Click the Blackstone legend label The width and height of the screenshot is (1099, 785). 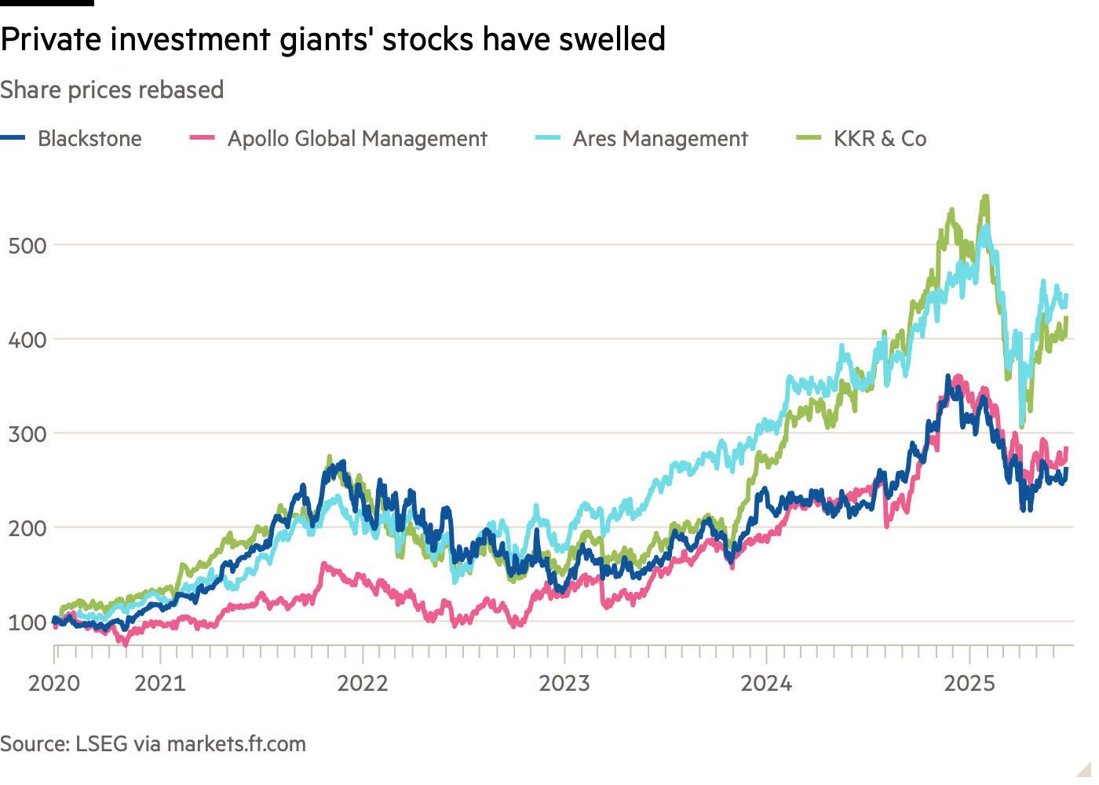point(89,139)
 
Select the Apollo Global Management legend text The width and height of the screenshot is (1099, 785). point(357,139)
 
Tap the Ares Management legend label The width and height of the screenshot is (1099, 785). point(660,139)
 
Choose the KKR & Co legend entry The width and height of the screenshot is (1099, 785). point(880,139)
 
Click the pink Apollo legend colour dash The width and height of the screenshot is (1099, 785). point(203,138)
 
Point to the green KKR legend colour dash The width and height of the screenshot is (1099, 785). point(809,138)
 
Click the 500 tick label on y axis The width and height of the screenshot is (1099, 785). point(27,246)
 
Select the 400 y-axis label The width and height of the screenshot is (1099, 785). point(27,340)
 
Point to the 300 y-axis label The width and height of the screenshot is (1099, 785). point(27,434)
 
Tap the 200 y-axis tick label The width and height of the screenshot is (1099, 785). point(27,528)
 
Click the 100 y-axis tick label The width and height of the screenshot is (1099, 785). point(27,623)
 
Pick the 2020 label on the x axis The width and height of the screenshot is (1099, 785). point(54,684)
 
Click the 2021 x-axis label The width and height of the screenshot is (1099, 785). point(160,684)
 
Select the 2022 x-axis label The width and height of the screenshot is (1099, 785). point(363,684)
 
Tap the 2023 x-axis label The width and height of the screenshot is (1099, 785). point(564,684)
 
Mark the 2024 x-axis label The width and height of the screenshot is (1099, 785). point(767,684)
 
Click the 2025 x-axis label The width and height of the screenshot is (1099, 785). point(969,684)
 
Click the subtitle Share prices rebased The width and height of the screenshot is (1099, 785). point(112,90)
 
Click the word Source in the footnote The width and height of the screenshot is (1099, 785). point(34,744)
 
